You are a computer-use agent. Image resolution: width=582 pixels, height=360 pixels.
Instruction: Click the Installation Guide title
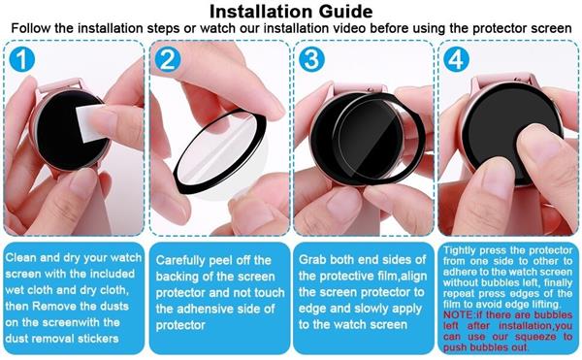291,11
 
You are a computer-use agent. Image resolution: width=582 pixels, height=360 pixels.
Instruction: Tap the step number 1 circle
22,59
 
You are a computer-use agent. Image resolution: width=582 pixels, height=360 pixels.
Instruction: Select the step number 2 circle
168,59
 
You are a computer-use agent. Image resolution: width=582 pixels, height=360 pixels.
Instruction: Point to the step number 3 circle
311,59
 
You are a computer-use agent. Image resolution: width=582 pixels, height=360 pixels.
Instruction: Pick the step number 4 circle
456,59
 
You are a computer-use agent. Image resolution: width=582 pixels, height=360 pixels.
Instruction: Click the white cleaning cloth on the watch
90,123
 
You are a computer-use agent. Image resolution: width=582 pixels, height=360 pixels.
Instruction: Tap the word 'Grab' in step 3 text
312,259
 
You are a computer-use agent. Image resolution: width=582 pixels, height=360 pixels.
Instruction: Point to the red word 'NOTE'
458,315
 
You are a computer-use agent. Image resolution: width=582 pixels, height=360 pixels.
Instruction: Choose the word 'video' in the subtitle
349,28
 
